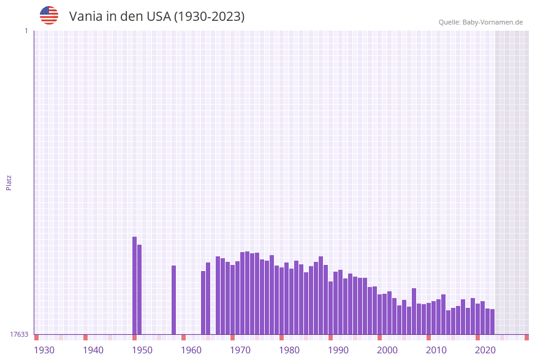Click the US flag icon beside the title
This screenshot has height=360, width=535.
pos(49,15)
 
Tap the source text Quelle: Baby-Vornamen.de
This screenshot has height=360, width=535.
pos(480,22)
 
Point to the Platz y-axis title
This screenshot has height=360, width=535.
pos(9,182)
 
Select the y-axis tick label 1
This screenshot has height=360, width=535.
pos(26,31)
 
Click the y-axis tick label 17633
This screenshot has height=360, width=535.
pos(19,334)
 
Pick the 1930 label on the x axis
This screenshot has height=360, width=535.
pos(44,350)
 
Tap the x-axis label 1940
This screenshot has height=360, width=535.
pos(93,350)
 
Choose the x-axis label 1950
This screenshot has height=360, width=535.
pos(142,350)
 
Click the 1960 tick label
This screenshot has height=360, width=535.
pos(191,350)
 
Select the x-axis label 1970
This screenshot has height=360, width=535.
pos(240,350)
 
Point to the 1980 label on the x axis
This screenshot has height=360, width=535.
pos(289,350)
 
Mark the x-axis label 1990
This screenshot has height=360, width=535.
pos(338,350)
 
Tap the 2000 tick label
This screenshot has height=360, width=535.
pos(387,350)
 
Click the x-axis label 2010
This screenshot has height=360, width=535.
pos(436,350)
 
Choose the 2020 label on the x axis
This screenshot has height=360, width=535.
pos(485,350)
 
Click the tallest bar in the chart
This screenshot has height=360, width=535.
pos(135,285)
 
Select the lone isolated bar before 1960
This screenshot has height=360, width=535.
pos(174,300)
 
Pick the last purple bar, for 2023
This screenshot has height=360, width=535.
pos(492,321)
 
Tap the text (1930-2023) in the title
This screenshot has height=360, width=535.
pos(209,17)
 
